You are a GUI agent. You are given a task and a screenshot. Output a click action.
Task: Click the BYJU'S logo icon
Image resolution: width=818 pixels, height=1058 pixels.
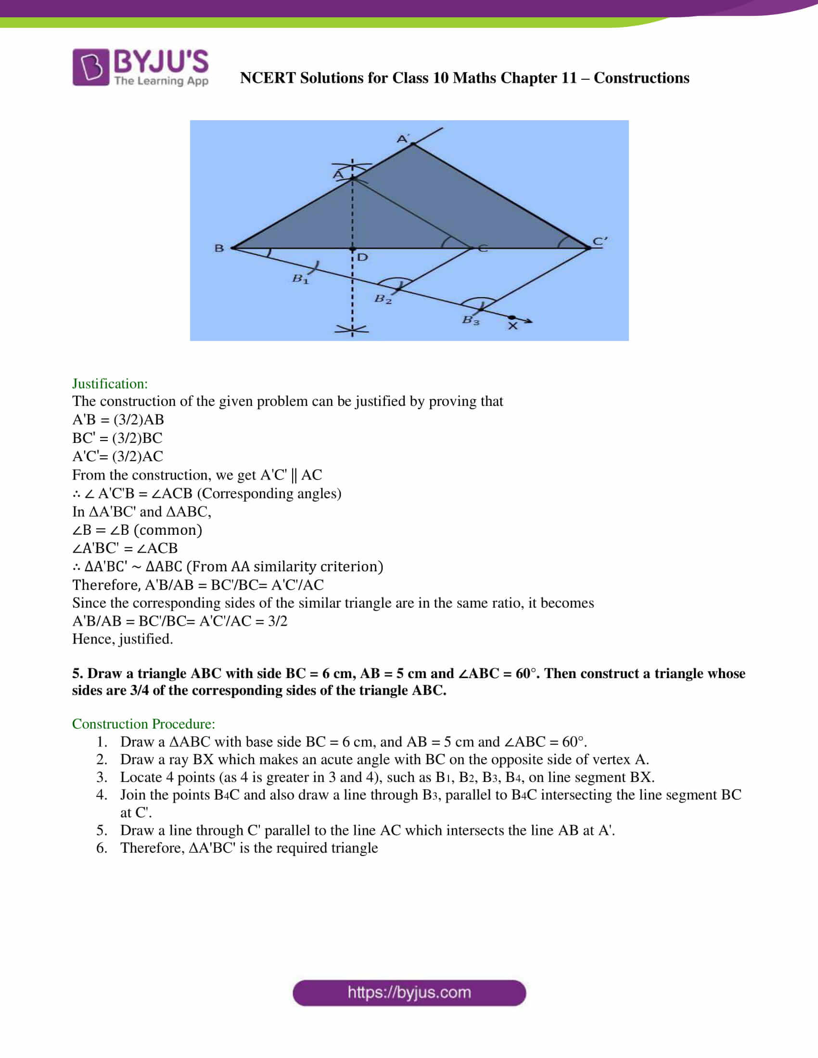(x=90, y=67)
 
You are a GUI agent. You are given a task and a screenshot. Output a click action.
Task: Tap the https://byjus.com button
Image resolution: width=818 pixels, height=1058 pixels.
(x=409, y=993)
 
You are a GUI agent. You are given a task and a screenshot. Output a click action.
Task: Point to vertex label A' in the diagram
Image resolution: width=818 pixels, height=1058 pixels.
(x=403, y=139)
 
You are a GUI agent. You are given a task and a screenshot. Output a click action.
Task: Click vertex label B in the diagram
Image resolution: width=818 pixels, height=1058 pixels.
(x=219, y=248)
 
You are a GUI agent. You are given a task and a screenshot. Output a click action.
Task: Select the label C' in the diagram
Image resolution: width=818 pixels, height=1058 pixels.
(x=600, y=241)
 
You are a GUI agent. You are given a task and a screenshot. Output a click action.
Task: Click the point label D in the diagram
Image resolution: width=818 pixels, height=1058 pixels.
(x=362, y=257)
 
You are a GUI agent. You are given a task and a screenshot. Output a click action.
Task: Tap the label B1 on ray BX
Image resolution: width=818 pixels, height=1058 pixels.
(x=300, y=279)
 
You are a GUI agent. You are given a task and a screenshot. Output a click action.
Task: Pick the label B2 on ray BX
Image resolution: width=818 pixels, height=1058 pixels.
(x=383, y=299)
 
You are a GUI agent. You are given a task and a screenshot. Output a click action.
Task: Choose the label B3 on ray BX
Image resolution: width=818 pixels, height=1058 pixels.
(x=470, y=320)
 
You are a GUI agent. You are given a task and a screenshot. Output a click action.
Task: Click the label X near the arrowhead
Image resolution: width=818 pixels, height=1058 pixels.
(x=513, y=326)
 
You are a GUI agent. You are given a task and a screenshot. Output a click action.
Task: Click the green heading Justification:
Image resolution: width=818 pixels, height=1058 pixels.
(x=110, y=384)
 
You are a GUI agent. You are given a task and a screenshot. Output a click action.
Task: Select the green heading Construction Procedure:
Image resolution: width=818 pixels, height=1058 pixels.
(x=143, y=724)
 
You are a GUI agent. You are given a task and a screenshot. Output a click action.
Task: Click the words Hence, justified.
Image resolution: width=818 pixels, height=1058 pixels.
(x=122, y=639)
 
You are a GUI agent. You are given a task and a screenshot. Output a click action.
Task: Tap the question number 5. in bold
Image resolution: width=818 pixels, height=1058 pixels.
(x=78, y=673)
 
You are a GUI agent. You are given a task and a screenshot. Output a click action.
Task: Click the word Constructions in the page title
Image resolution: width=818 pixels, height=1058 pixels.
(x=641, y=78)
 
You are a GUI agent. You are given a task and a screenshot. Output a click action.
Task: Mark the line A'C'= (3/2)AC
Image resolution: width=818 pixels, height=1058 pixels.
(x=117, y=456)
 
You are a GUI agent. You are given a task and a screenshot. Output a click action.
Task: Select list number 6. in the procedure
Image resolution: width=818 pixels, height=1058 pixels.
(x=101, y=848)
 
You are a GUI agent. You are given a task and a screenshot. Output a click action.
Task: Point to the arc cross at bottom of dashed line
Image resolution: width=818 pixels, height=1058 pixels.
(x=352, y=330)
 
